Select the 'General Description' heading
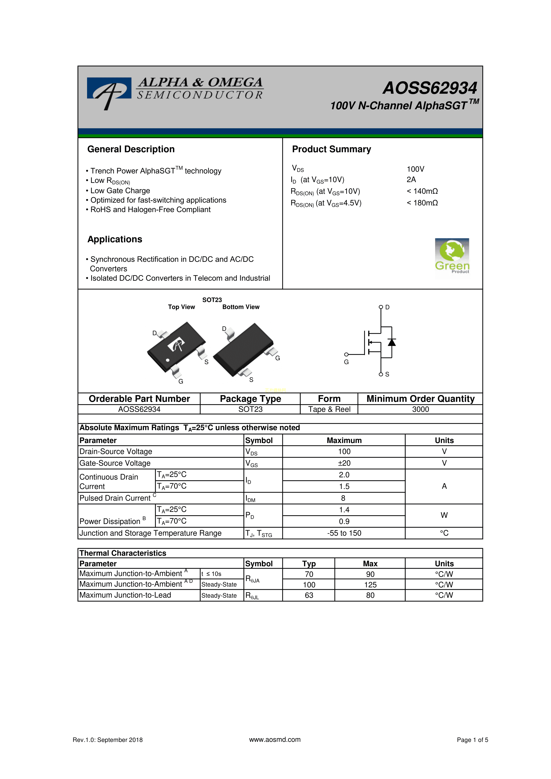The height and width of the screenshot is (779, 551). click(x=131, y=149)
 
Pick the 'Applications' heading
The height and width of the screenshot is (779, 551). click(x=115, y=240)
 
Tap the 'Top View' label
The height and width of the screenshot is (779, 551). click(x=181, y=307)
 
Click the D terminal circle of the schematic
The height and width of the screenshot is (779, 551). click(x=381, y=307)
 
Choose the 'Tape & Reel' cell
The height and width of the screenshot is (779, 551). click(x=329, y=409)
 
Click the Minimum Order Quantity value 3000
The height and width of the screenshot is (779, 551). click(x=420, y=409)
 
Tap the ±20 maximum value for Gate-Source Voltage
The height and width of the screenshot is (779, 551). click(x=344, y=463)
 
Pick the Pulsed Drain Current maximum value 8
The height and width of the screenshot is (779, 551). click(x=343, y=498)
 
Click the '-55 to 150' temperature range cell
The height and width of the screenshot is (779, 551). click(x=344, y=533)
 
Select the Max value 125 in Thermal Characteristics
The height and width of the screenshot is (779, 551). click(x=370, y=585)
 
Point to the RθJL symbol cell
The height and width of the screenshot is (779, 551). click(x=252, y=595)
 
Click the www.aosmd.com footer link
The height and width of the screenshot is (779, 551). click(x=275, y=740)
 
